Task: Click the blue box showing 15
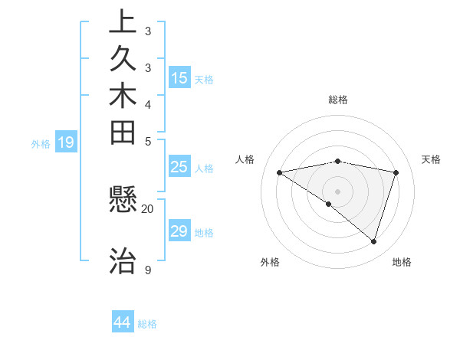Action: click(179, 78)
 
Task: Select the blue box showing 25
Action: click(179, 167)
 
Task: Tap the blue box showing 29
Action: click(179, 231)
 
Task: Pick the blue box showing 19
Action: click(66, 142)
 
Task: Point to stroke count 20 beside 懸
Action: click(148, 208)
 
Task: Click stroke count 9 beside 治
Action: click(148, 270)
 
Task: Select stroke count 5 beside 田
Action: click(148, 141)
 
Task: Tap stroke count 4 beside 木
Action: click(148, 104)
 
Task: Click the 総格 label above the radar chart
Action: click(338, 100)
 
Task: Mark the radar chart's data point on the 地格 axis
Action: click(373, 241)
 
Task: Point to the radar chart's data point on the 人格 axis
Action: click(280, 173)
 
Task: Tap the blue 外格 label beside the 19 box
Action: click(41, 142)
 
